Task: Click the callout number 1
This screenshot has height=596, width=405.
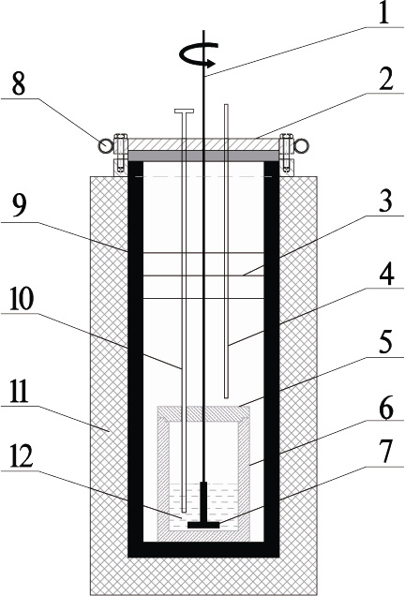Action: (x=384, y=14)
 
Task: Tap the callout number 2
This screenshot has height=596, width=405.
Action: (x=386, y=79)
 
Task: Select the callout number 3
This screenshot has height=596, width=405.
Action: (x=385, y=201)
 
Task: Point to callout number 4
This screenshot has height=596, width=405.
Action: (x=385, y=273)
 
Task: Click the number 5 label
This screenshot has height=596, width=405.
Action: (x=385, y=342)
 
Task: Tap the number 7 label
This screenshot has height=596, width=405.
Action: (x=385, y=452)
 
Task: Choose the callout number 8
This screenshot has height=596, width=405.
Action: (x=19, y=83)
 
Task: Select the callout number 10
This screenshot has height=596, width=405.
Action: (x=22, y=299)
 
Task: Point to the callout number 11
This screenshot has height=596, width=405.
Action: (x=20, y=392)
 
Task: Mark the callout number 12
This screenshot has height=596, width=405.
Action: (x=21, y=458)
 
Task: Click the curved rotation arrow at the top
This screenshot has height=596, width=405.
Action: (x=199, y=54)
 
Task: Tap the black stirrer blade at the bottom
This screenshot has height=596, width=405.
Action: (x=203, y=525)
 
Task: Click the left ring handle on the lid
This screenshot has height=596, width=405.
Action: (x=105, y=145)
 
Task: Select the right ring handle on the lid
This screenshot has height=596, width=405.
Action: (x=302, y=145)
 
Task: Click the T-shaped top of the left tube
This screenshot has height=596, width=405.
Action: (x=184, y=111)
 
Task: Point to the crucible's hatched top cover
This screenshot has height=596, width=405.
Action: (x=203, y=412)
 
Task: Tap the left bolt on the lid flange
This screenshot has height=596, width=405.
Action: (x=121, y=153)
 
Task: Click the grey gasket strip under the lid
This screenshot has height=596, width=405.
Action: (x=203, y=156)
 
